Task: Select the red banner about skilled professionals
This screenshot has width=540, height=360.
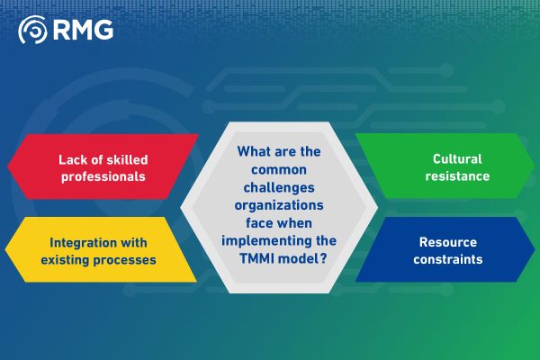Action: (x=103, y=167)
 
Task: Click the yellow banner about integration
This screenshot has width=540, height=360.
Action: (x=103, y=251)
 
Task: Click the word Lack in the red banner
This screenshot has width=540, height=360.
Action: (x=76, y=159)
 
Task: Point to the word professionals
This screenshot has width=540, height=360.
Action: (x=103, y=176)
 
